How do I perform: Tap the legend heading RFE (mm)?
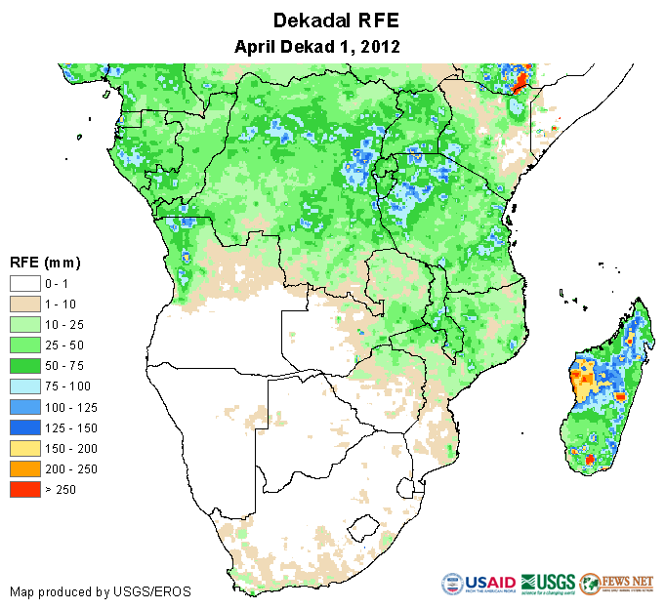point(45,263)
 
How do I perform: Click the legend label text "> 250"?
point(61,489)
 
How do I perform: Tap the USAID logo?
point(478,585)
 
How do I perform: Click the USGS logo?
point(548,585)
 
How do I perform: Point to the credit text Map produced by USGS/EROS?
point(101,591)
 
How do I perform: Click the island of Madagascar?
point(605,390)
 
